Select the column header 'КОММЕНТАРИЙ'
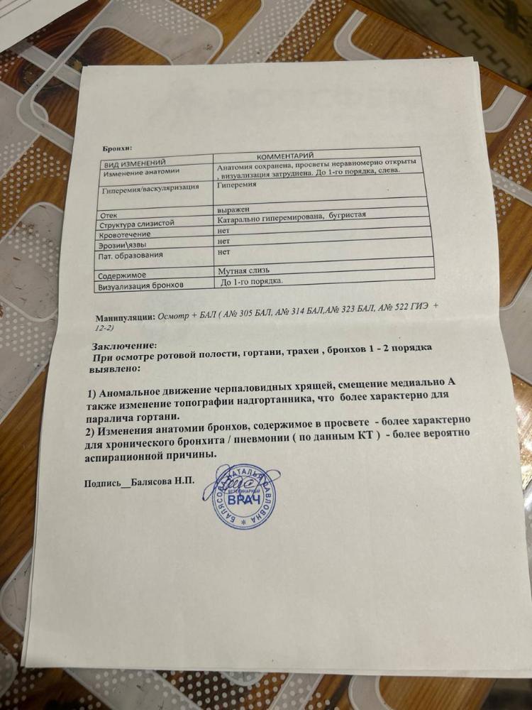click(x=284, y=155)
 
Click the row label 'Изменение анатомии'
click(x=142, y=173)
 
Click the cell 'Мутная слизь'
click(x=245, y=271)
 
